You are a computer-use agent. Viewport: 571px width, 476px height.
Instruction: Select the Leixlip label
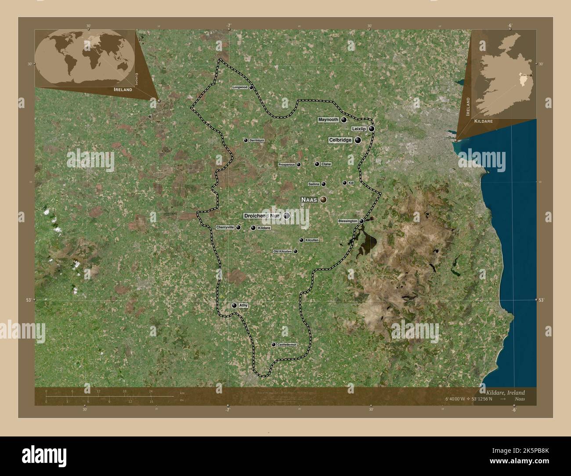(x=359, y=129)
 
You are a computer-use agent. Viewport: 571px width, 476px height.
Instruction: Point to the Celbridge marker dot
(x=358, y=140)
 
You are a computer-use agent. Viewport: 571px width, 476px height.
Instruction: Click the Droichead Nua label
(x=262, y=216)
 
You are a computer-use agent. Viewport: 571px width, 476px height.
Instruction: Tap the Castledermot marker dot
(x=274, y=345)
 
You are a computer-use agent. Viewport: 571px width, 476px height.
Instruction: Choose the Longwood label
(x=240, y=87)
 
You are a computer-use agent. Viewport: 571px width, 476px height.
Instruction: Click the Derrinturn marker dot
(x=246, y=141)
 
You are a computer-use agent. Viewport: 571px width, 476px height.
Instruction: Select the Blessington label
(x=347, y=221)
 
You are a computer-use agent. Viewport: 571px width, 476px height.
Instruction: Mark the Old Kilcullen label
(x=282, y=252)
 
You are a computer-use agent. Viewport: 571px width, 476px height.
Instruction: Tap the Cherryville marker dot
(x=238, y=227)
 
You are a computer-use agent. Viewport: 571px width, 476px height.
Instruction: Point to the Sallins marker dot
(x=324, y=184)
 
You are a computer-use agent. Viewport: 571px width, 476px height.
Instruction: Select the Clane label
(x=326, y=164)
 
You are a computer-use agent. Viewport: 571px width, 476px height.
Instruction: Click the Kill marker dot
(x=344, y=183)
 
